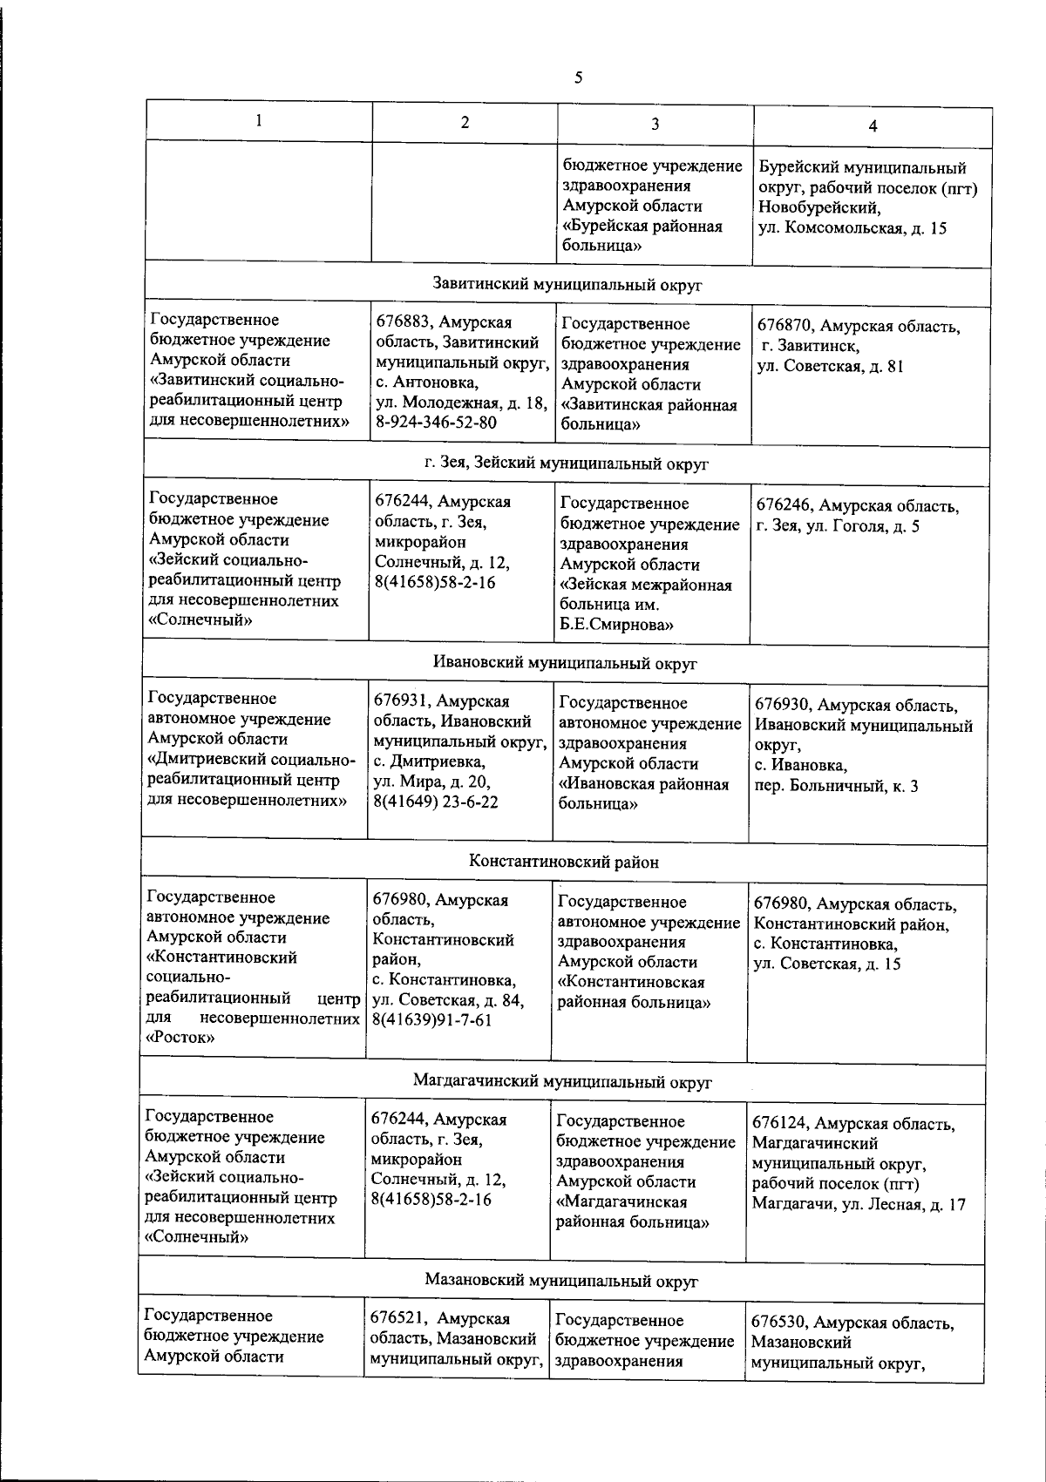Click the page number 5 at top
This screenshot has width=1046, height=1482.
[578, 78]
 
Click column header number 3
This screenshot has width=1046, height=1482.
[655, 123]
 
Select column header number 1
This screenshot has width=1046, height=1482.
[259, 121]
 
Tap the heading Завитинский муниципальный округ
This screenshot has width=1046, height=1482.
[567, 284]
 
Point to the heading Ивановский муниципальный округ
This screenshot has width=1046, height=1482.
[566, 663]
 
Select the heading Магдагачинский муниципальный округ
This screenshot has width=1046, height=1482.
[562, 1082]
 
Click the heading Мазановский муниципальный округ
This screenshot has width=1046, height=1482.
[562, 1280]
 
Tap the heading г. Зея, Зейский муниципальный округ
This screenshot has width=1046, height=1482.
[567, 464]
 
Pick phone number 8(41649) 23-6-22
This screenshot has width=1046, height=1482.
[435, 802]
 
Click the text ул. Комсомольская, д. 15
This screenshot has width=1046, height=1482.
[852, 229]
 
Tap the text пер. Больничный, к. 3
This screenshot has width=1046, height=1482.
[836, 786]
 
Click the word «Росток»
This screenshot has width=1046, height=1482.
[180, 1038]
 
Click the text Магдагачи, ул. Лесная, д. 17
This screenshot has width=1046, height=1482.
[858, 1205]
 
